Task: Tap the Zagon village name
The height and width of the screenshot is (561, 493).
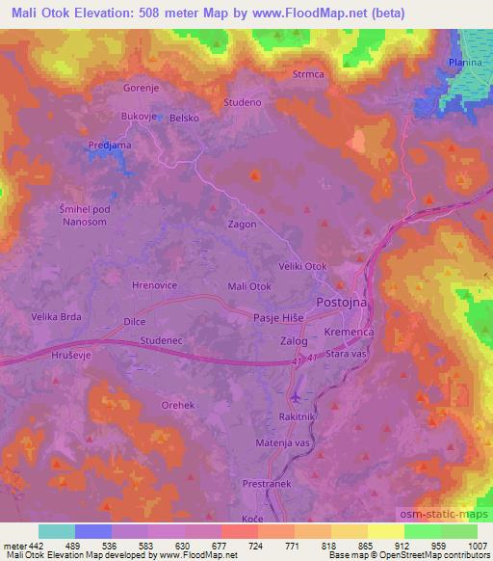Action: pyautogui.click(x=242, y=224)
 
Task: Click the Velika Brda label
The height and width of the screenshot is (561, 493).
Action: pyautogui.click(x=56, y=316)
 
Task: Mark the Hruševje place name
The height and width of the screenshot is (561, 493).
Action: pyautogui.click(x=67, y=356)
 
